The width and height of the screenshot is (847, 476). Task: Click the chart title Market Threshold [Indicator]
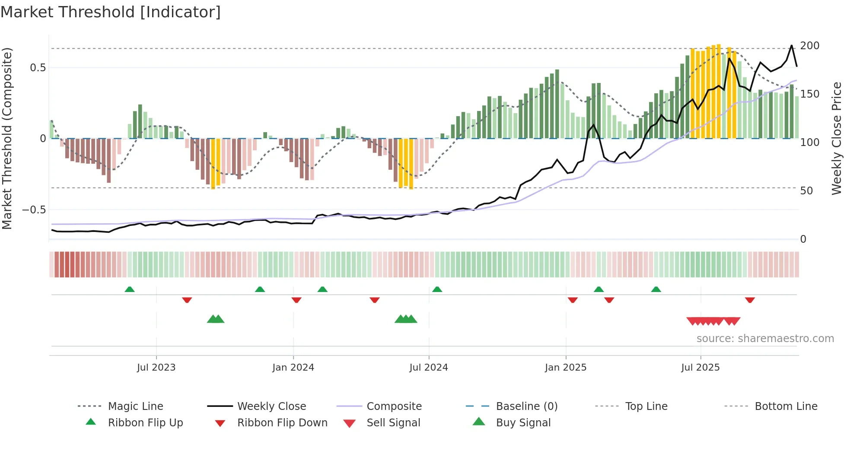(111, 12)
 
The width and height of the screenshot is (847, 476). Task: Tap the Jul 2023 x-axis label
(156, 368)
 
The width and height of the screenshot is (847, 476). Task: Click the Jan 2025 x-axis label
(565, 368)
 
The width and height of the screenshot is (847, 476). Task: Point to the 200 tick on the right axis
(809, 46)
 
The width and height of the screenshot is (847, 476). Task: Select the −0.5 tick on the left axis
(34, 210)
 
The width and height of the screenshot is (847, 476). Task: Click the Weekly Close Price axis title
(837, 138)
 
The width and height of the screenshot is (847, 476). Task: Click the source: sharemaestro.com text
(765, 339)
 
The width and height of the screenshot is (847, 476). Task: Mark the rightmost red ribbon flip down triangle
(750, 300)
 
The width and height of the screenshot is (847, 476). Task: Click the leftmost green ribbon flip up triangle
(130, 289)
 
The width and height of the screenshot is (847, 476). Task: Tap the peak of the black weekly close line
(792, 45)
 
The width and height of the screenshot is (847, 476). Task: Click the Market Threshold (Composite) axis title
(7, 138)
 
